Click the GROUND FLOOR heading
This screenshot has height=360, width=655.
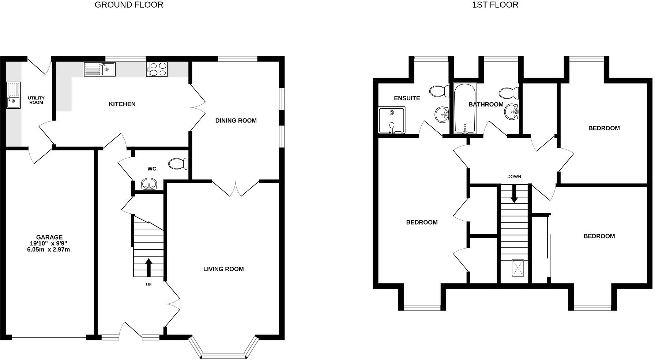tap(129, 5)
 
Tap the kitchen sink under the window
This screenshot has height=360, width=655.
tap(99, 69)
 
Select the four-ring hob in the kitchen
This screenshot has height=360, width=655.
tap(157, 69)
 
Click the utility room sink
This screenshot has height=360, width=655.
tap(14, 95)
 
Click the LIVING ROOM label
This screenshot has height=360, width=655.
tap(223, 269)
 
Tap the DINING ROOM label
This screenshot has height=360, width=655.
tap(236, 121)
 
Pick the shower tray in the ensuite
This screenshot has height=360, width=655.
tap(392, 120)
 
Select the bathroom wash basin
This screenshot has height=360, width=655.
tap(512, 111)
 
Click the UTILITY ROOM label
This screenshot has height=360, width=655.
tap(36, 100)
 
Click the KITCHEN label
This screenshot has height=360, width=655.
tap(122, 104)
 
